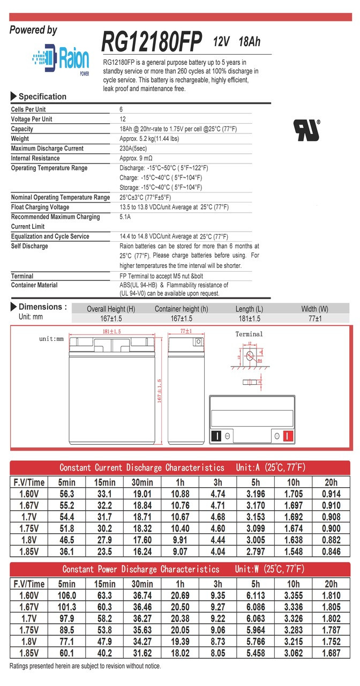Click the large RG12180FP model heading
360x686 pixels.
(x=152, y=41)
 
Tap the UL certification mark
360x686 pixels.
(x=306, y=130)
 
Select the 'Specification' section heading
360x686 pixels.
(x=42, y=96)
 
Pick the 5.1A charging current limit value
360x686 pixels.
(x=125, y=217)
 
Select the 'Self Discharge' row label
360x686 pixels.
(x=29, y=246)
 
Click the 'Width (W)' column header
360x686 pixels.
(x=315, y=309)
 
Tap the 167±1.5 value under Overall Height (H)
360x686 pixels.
(x=111, y=319)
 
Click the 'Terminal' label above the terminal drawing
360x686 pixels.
(x=249, y=334)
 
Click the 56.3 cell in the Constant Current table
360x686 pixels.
(x=66, y=494)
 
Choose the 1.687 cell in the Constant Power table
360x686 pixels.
(x=331, y=652)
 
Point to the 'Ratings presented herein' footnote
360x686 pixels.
(x=85, y=666)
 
